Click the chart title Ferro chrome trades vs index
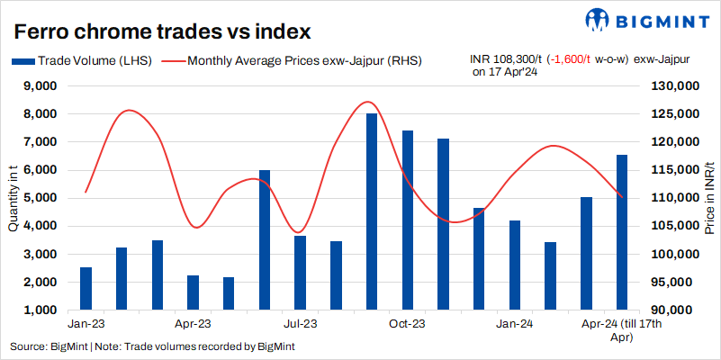(x=163, y=31)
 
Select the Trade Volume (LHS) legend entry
(x=82, y=61)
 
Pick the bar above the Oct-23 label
(x=407, y=220)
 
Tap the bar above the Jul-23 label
(x=300, y=273)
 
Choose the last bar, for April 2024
(x=621, y=232)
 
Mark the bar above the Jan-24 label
(x=514, y=265)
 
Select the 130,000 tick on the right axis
(x=669, y=86)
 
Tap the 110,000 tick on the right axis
(x=669, y=198)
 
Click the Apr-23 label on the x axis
(x=193, y=322)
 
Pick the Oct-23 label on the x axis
(x=407, y=322)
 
